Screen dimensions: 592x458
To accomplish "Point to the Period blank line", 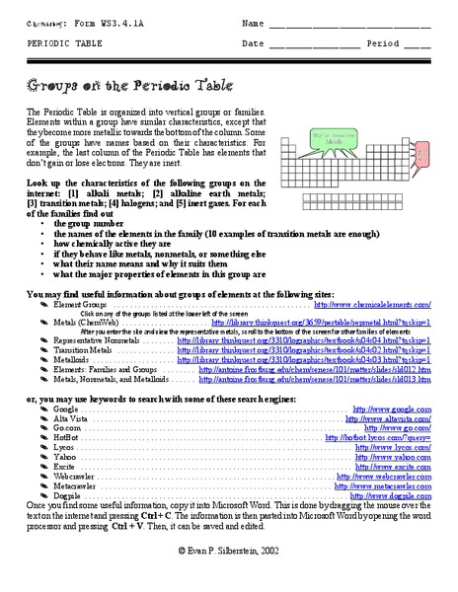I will pyautogui.click(x=416, y=44).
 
